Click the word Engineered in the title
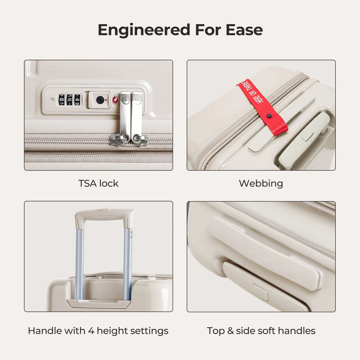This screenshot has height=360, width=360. pos(144,30)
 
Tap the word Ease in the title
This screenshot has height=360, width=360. pos(244,30)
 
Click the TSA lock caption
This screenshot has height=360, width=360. pos(98,184)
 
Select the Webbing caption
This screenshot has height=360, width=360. pos(261,184)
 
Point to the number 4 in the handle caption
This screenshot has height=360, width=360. pos(91,331)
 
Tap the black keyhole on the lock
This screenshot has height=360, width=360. pos(100,100)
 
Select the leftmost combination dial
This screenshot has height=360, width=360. pos(62,100)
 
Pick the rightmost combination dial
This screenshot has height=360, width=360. pos(77,100)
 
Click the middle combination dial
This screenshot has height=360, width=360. pos(70,100)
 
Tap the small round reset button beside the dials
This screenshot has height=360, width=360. pos(52,99)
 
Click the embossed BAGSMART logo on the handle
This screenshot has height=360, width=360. pos(256,252)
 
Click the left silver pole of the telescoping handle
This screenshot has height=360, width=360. pos(79,264)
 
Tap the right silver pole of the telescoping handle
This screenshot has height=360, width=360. pos(128,264)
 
